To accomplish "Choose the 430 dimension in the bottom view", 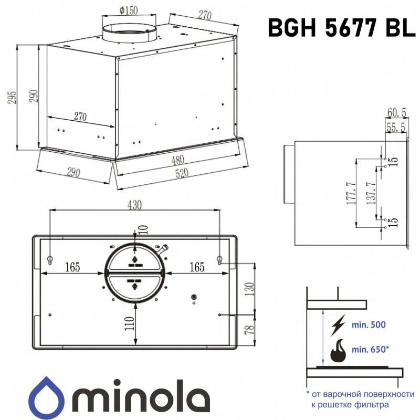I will click(x=134, y=205).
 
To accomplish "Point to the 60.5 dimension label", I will click(x=396, y=112).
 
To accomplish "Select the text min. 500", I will click(x=368, y=325).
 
